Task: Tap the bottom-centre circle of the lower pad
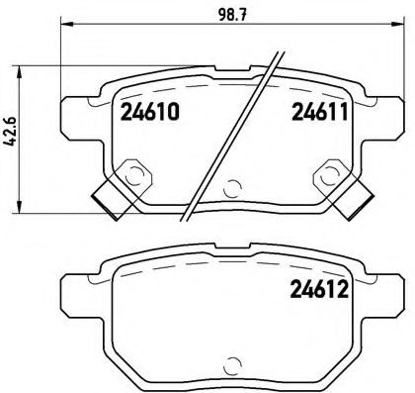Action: tap(232, 362)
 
